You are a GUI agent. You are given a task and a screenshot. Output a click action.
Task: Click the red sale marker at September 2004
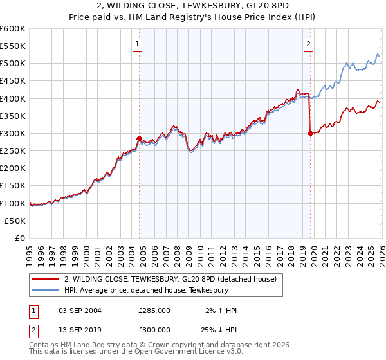coord(139,138)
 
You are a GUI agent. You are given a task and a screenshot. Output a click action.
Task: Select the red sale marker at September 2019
coord(310,133)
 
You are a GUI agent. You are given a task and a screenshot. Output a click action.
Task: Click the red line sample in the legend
coord(46,279)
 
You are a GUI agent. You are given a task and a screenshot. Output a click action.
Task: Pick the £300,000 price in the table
coord(154,330)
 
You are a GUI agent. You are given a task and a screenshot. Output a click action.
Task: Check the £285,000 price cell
coord(154,310)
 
